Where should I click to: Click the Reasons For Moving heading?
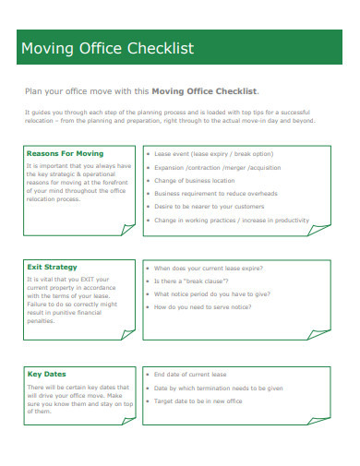65,153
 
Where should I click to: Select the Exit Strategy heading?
53,268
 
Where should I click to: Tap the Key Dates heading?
47,374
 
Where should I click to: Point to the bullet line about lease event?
213,154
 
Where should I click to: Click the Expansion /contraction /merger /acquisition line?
218,168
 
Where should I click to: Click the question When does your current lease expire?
208,269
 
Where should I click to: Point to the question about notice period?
211,293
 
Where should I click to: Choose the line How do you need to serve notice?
201,306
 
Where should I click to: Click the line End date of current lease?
189,375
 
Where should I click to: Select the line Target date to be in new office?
198,401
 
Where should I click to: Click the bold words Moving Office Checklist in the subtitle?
204,91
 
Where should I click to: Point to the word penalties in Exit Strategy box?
42,321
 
